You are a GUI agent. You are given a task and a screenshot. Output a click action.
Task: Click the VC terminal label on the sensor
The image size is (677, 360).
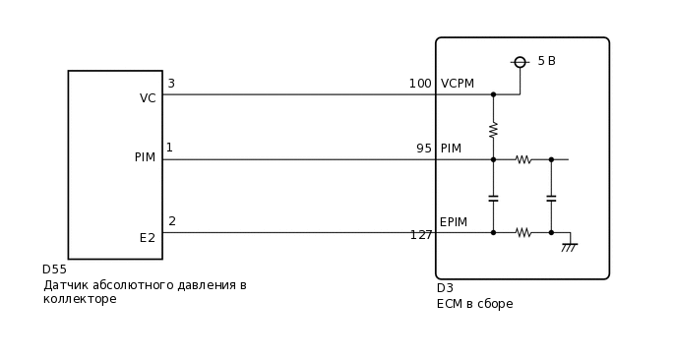[148, 98]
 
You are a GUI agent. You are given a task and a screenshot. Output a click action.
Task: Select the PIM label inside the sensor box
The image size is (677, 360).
[145, 157]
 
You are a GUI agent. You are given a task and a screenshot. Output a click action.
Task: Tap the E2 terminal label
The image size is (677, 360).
[148, 238]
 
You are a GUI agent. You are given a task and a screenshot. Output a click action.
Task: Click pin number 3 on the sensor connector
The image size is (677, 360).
[171, 84]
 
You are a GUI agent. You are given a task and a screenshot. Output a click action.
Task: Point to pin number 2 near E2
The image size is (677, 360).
[172, 221]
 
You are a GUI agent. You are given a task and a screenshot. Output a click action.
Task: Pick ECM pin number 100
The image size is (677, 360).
[420, 84]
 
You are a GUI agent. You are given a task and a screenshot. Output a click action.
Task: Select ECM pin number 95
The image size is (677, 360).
[424, 149]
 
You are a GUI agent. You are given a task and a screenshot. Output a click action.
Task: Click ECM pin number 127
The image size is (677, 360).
[421, 235]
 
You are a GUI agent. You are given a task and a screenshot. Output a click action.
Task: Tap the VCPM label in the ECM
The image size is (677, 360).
[458, 84]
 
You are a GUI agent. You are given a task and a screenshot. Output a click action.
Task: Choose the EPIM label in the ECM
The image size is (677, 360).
[454, 223]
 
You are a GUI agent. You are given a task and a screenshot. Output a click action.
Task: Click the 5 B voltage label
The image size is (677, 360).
[546, 61]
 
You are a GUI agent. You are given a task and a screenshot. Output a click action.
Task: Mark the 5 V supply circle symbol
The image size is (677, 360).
[520, 62]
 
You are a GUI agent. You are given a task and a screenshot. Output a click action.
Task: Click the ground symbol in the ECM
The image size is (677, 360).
[569, 247]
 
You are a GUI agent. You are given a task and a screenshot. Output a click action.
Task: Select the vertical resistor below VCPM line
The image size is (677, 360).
[493, 129]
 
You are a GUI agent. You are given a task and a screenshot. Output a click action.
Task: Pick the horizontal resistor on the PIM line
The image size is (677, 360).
[523, 159]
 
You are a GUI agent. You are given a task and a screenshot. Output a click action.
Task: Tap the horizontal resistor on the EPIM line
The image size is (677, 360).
[523, 232]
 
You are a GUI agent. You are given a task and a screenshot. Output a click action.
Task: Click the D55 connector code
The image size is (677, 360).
[54, 270]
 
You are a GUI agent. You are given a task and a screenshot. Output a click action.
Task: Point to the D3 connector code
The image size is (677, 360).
[445, 288]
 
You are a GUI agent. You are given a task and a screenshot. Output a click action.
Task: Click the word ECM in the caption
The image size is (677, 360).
[450, 304]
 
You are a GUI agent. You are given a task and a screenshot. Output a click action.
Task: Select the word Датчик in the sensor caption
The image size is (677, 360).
[65, 285]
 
